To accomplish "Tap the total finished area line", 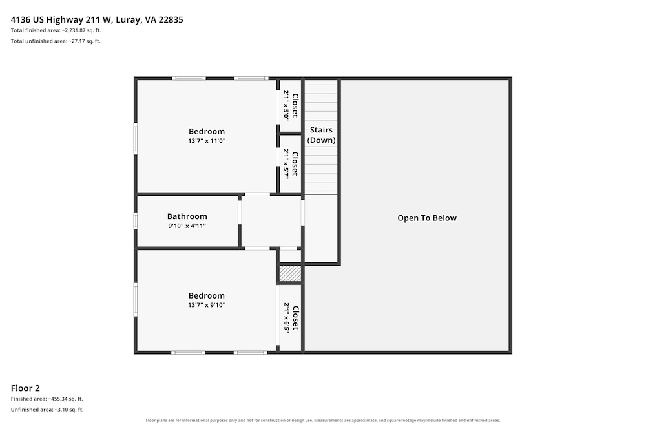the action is [56, 30].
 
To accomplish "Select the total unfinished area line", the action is [56, 41].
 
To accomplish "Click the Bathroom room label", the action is [187, 216].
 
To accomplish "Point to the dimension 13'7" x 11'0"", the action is [207, 141].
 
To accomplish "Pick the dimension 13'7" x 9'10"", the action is [207, 306].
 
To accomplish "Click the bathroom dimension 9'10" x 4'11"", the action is [187, 226].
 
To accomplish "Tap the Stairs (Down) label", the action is [321, 135].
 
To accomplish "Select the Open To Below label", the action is [427, 218].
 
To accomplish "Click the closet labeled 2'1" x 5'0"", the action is [291, 105].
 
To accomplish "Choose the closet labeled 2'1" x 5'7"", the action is [291, 164].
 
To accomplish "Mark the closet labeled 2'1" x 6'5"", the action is [291, 318].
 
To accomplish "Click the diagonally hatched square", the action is [291, 273].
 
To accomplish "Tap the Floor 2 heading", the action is [25, 388].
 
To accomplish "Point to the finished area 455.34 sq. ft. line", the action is [47, 399].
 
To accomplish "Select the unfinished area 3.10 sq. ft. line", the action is [47, 410].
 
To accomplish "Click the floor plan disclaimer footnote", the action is [322, 420].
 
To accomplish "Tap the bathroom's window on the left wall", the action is [136, 220].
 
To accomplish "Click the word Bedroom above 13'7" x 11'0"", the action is [207, 131].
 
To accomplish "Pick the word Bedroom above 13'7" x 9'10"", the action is [207, 296].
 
